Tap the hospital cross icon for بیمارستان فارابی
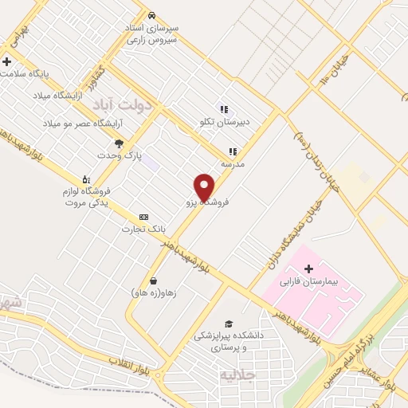coord(308,269)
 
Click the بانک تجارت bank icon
coord(143,217)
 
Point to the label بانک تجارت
coord(136,229)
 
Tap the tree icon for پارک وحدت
coord(119,143)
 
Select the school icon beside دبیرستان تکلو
coord(224,109)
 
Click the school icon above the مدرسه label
coord(233,151)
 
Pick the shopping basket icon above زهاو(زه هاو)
coord(153,280)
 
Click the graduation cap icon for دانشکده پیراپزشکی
coord(229,324)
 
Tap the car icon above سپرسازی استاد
coord(151,15)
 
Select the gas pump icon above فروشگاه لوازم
coord(86,178)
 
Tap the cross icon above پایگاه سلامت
coord(7,61)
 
